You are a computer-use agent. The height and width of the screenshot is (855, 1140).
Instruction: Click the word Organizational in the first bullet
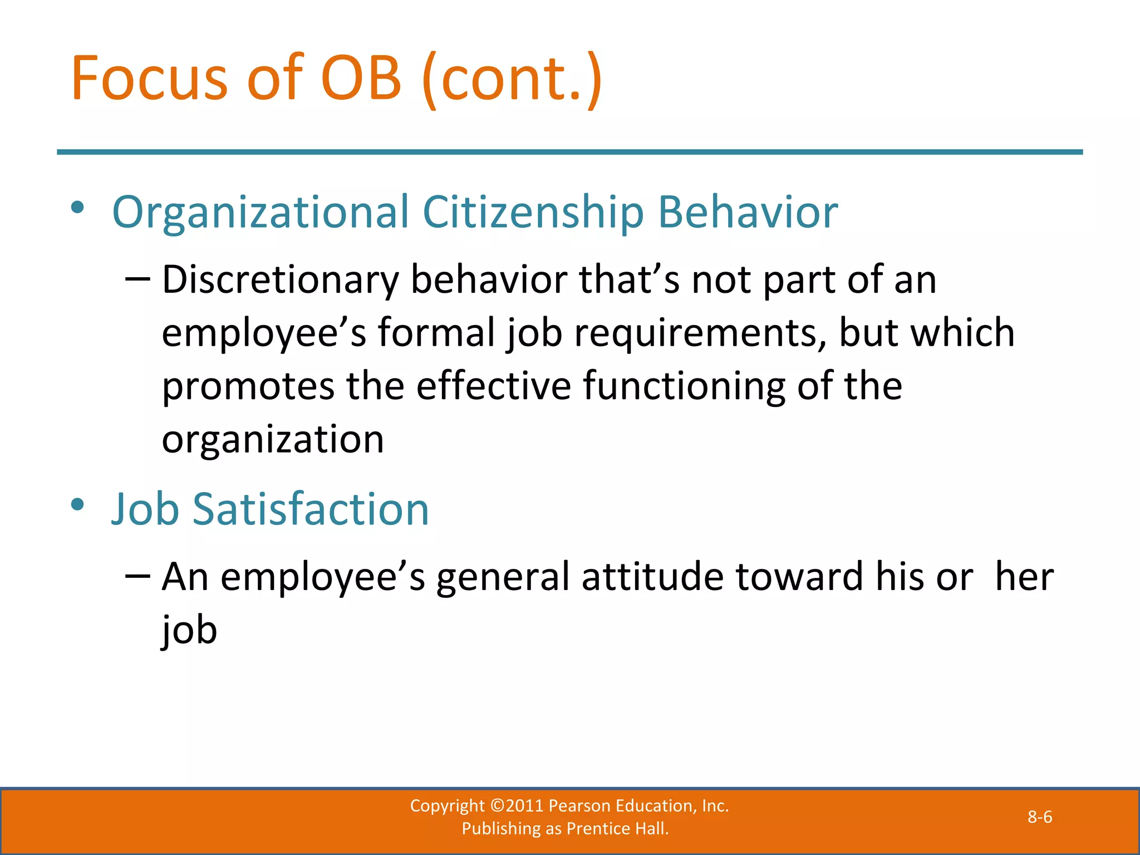(261, 213)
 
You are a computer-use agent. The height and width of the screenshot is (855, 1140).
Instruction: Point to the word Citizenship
(533, 213)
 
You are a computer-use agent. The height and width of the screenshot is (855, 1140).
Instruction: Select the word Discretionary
(280, 279)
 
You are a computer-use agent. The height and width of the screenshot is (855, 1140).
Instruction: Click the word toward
(799, 577)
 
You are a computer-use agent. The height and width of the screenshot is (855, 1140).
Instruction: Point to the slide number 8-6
(1039, 817)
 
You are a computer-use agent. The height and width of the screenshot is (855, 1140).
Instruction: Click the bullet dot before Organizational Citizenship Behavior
(77, 208)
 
